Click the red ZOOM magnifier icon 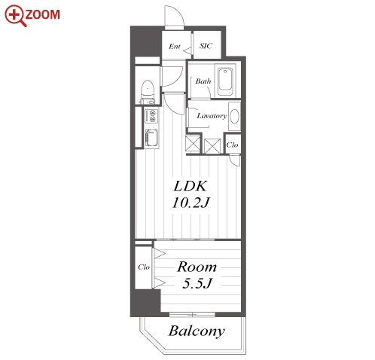15,16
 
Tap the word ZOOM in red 42,14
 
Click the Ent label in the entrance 175,47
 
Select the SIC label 206,46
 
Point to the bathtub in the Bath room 225,81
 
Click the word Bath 203,81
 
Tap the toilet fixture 148,92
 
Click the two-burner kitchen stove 151,116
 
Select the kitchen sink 151,137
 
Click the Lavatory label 212,116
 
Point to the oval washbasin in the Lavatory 234,116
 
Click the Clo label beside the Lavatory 232,145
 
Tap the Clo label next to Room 144,267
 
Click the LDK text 191,186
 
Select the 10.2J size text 191,203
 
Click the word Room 197,267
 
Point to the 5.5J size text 197,283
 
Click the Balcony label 197,331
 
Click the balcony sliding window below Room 192,315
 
